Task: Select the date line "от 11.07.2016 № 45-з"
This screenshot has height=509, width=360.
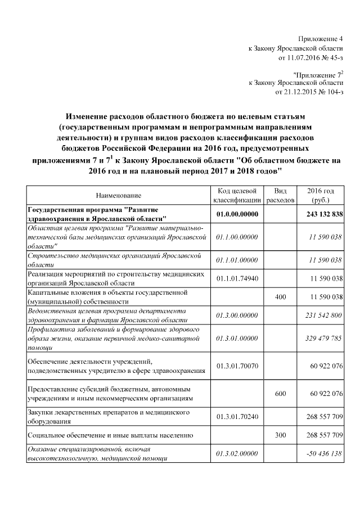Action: [x=310, y=57]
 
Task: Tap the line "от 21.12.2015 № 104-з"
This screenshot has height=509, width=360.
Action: [x=309, y=91]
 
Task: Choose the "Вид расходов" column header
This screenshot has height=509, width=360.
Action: [x=280, y=195]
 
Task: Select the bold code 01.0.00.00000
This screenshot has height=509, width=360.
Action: [x=237, y=214]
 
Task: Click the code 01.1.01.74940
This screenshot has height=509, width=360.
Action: [x=237, y=278]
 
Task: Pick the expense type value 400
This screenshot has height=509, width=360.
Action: [x=280, y=296]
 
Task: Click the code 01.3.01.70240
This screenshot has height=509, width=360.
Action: [x=237, y=417]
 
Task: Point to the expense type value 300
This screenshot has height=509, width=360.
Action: [x=280, y=435]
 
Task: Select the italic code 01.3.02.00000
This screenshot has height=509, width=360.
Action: [x=237, y=453]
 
